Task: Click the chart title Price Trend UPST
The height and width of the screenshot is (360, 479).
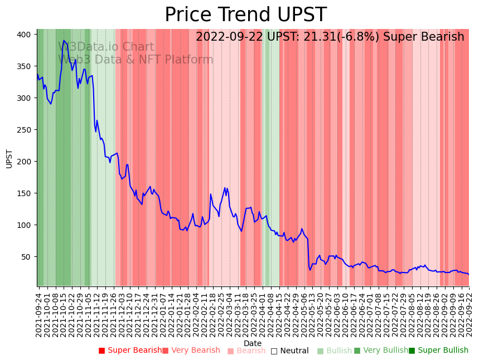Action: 245,15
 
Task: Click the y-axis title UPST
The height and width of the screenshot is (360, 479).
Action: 9,158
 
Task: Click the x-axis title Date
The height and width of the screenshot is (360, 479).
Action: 253,343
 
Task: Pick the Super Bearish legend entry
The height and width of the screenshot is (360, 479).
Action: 130,351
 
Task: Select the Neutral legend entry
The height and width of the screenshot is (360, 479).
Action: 289,351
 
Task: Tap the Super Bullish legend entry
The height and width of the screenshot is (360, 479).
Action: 438,351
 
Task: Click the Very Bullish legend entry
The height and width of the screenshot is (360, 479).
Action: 381,351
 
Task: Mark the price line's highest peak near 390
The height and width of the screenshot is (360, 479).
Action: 64,40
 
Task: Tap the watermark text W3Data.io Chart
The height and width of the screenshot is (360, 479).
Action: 106,47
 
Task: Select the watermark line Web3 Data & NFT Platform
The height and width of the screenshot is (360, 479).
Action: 136,60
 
